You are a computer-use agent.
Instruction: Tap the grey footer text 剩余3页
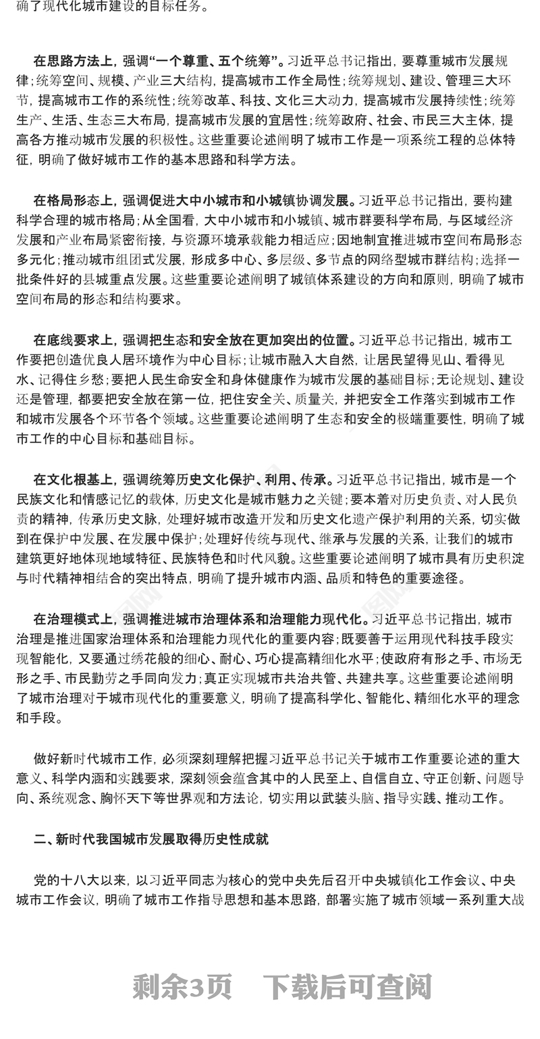(x=182, y=987)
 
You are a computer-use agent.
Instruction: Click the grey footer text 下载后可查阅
(x=347, y=987)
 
